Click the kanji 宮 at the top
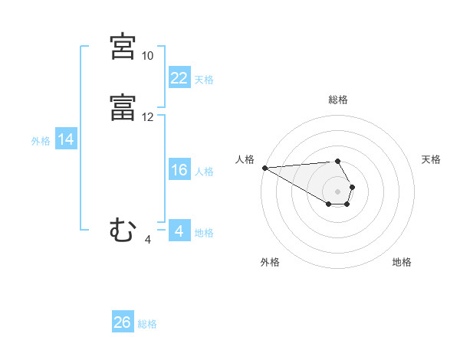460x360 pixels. pos(123,47)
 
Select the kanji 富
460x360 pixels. pos(123,107)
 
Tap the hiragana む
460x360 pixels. pos(123,231)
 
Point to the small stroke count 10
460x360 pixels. pos(147,56)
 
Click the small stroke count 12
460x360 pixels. pos(147,117)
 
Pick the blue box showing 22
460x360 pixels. pos(179,77)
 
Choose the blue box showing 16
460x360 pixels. pos(179,170)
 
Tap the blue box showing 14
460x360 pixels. pos(66,139)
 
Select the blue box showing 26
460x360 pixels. pos(123,322)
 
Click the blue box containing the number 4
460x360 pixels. pos(179,231)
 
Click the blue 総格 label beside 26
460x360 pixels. pos(147,324)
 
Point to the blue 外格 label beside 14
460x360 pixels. pos(41,141)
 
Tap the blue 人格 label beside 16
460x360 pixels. pos(204,172)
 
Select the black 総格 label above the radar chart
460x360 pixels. pos(337,100)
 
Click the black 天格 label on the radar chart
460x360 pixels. pos(431,159)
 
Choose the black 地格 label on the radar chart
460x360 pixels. pos(402,262)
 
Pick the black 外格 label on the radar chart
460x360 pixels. pos(270,262)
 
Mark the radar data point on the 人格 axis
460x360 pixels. pos(264,168)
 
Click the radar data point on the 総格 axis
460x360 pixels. pos(337,162)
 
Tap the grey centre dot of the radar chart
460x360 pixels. pos(337,191)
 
